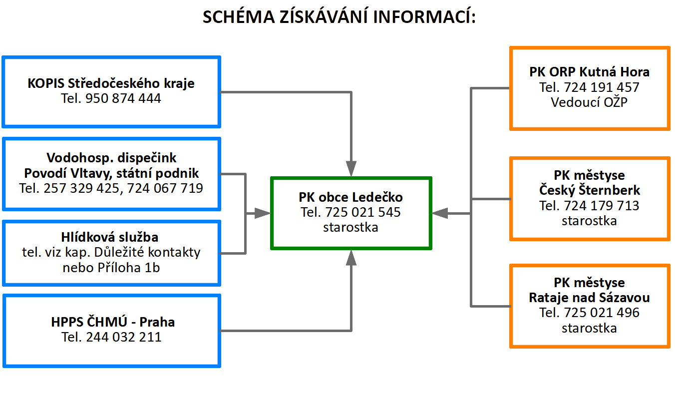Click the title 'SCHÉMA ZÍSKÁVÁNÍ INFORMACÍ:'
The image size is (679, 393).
[339, 17]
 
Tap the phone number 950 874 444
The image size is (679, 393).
[123, 98]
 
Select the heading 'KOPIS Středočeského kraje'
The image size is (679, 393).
[111, 83]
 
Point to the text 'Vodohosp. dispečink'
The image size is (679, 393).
[111, 158]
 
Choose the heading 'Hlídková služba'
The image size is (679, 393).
[111, 237]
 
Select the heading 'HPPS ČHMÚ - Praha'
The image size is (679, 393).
[113, 322]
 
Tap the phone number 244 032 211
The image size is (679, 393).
[124, 337]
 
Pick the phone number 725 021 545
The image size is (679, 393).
[362, 212]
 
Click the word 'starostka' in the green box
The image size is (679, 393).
[350, 227]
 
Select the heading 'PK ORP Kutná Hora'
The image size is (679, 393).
[589, 72]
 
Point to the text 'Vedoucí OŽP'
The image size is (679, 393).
[589, 102]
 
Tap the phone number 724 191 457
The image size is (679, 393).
[602, 87]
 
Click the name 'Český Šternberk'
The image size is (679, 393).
[589, 190]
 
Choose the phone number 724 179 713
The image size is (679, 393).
[602, 205]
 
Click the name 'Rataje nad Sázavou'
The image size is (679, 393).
[589, 298]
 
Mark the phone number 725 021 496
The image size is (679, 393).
[602, 313]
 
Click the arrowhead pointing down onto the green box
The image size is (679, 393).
[351, 168]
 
